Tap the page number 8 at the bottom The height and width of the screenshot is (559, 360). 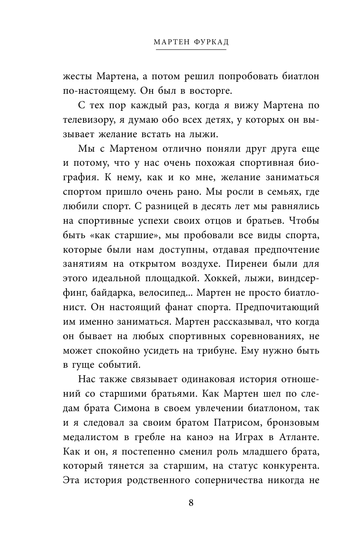(191, 502)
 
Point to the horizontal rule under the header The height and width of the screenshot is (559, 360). (191, 50)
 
